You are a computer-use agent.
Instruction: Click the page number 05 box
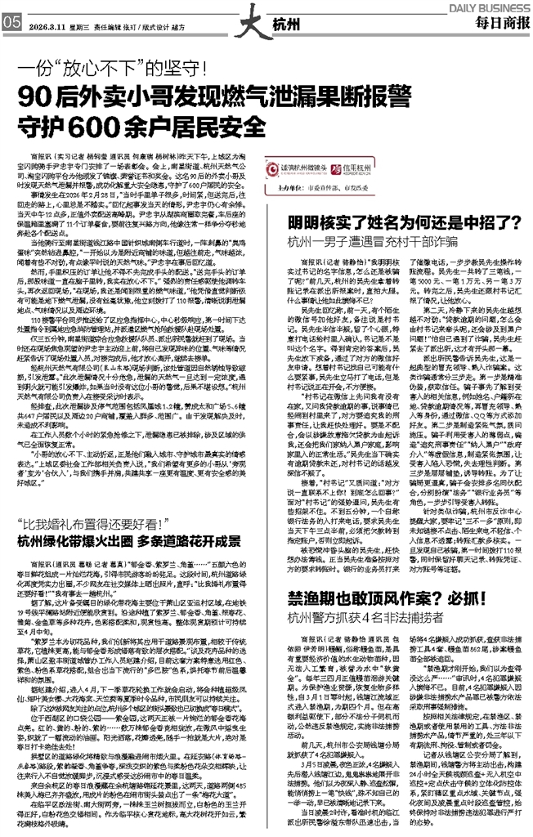[x=11, y=22]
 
